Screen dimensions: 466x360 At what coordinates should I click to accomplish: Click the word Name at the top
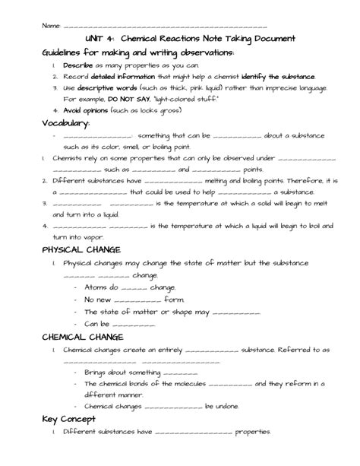[51, 26]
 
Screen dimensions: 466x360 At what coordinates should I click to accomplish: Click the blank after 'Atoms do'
[134, 289]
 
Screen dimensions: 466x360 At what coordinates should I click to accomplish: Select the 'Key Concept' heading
[68, 419]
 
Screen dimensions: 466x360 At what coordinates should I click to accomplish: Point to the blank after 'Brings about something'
[180, 373]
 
